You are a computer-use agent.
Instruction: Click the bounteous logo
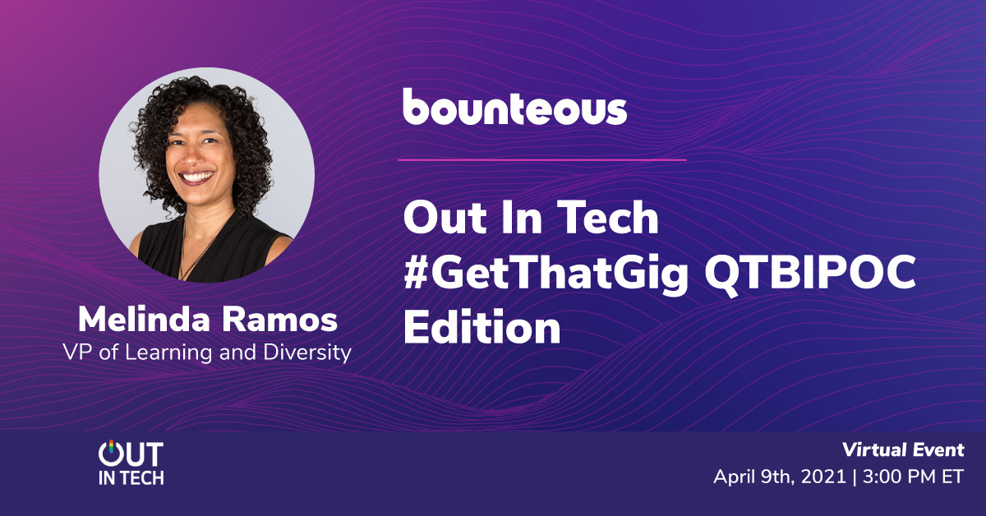click(x=514, y=107)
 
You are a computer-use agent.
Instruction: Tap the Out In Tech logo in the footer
click(x=131, y=463)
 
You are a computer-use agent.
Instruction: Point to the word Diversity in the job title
click(x=307, y=353)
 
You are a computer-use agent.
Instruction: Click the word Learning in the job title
click(x=168, y=353)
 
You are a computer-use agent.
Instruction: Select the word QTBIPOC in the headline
click(x=810, y=272)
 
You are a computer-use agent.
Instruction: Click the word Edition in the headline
click(x=482, y=326)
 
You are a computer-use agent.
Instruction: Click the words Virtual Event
click(x=903, y=450)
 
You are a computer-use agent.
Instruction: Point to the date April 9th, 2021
click(x=780, y=477)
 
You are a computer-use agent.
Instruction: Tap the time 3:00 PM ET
click(x=914, y=477)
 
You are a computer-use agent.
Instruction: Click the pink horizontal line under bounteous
click(x=542, y=160)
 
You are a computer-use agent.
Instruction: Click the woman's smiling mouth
click(x=196, y=177)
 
